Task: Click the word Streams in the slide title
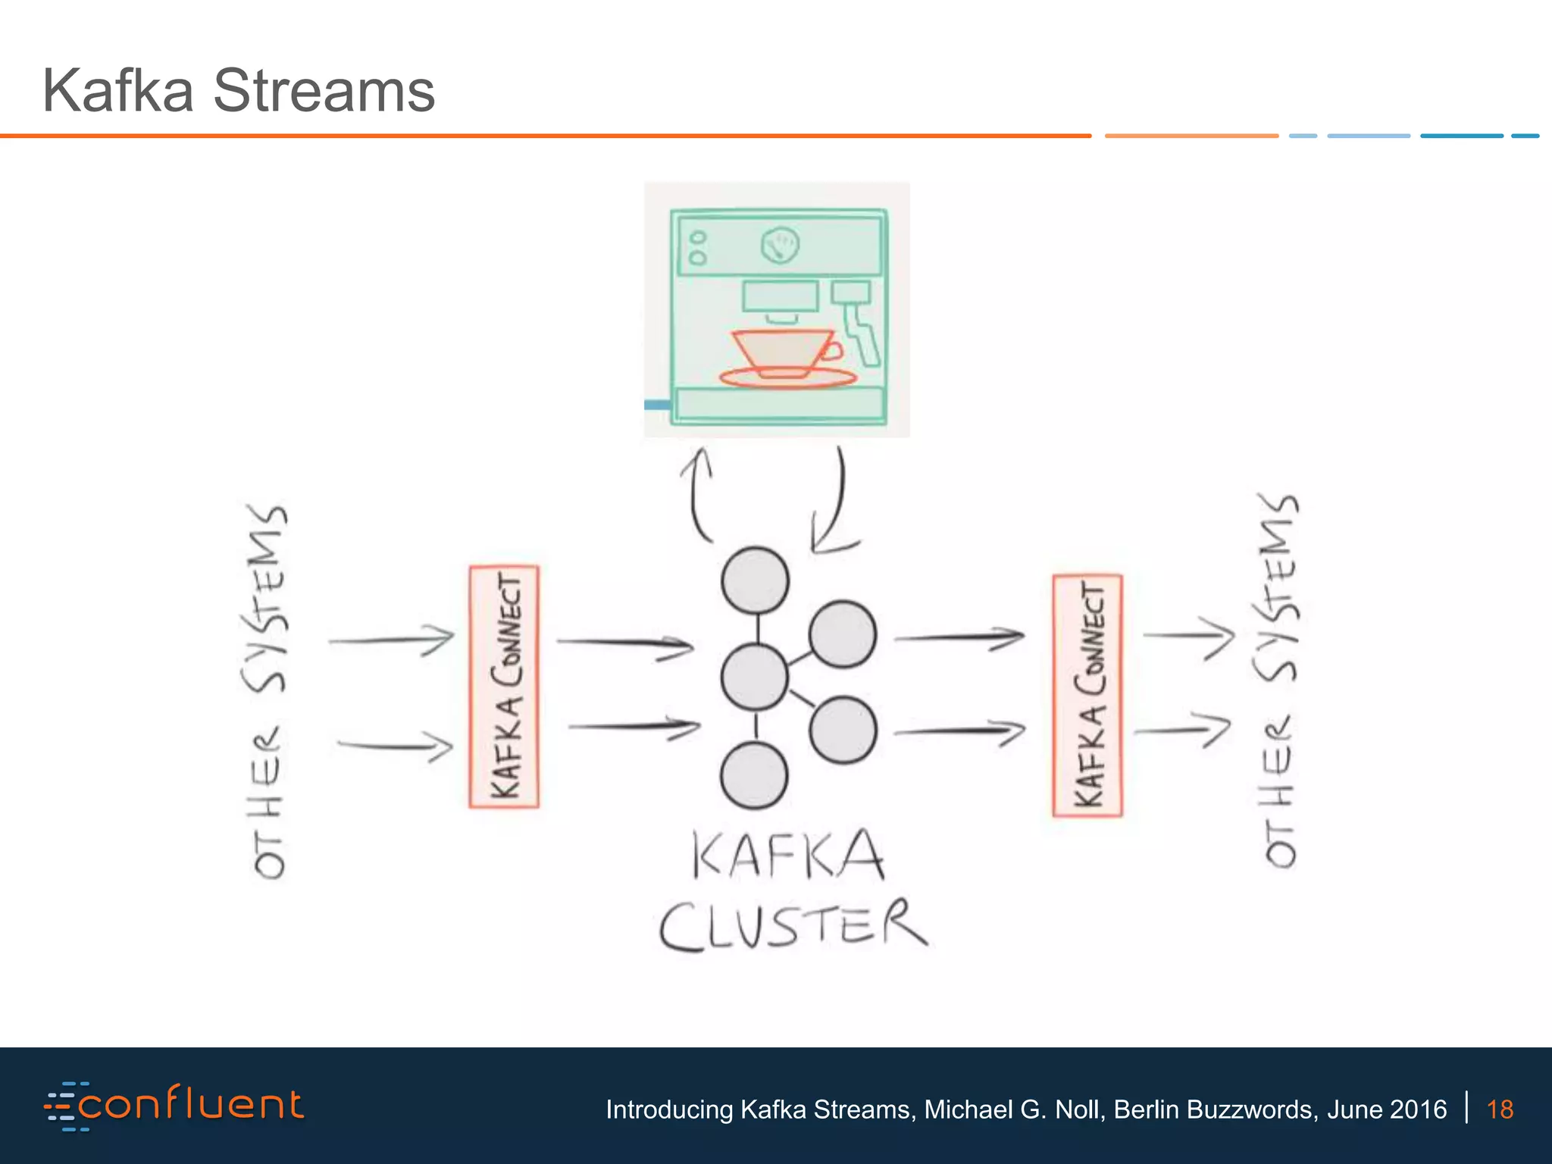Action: pyautogui.click(x=324, y=91)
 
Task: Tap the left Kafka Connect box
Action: pyautogui.click(x=504, y=687)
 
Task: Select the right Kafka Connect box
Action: pyautogui.click(x=1087, y=695)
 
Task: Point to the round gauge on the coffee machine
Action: pyautogui.click(x=780, y=245)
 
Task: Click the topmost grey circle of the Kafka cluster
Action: pyautogui.click(x=755, y=580)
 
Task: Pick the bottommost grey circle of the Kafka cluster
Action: pyautogui.click(x=754, y=775)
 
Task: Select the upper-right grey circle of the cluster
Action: pyautogui.click(x=843, y=634)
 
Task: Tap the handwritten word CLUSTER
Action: pyautogui.click(x=793, y=926)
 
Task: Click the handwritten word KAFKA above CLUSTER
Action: pyautogui.click(x=788, y=855)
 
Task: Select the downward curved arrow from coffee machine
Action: pyautogui.click(x=834, y=504)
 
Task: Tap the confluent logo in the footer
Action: pyautogui.click(x=175, y=1106)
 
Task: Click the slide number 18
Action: pyautogui.click(x=1500, y=1109)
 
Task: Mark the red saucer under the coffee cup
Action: pyautogui.click(x=788, y=378)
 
